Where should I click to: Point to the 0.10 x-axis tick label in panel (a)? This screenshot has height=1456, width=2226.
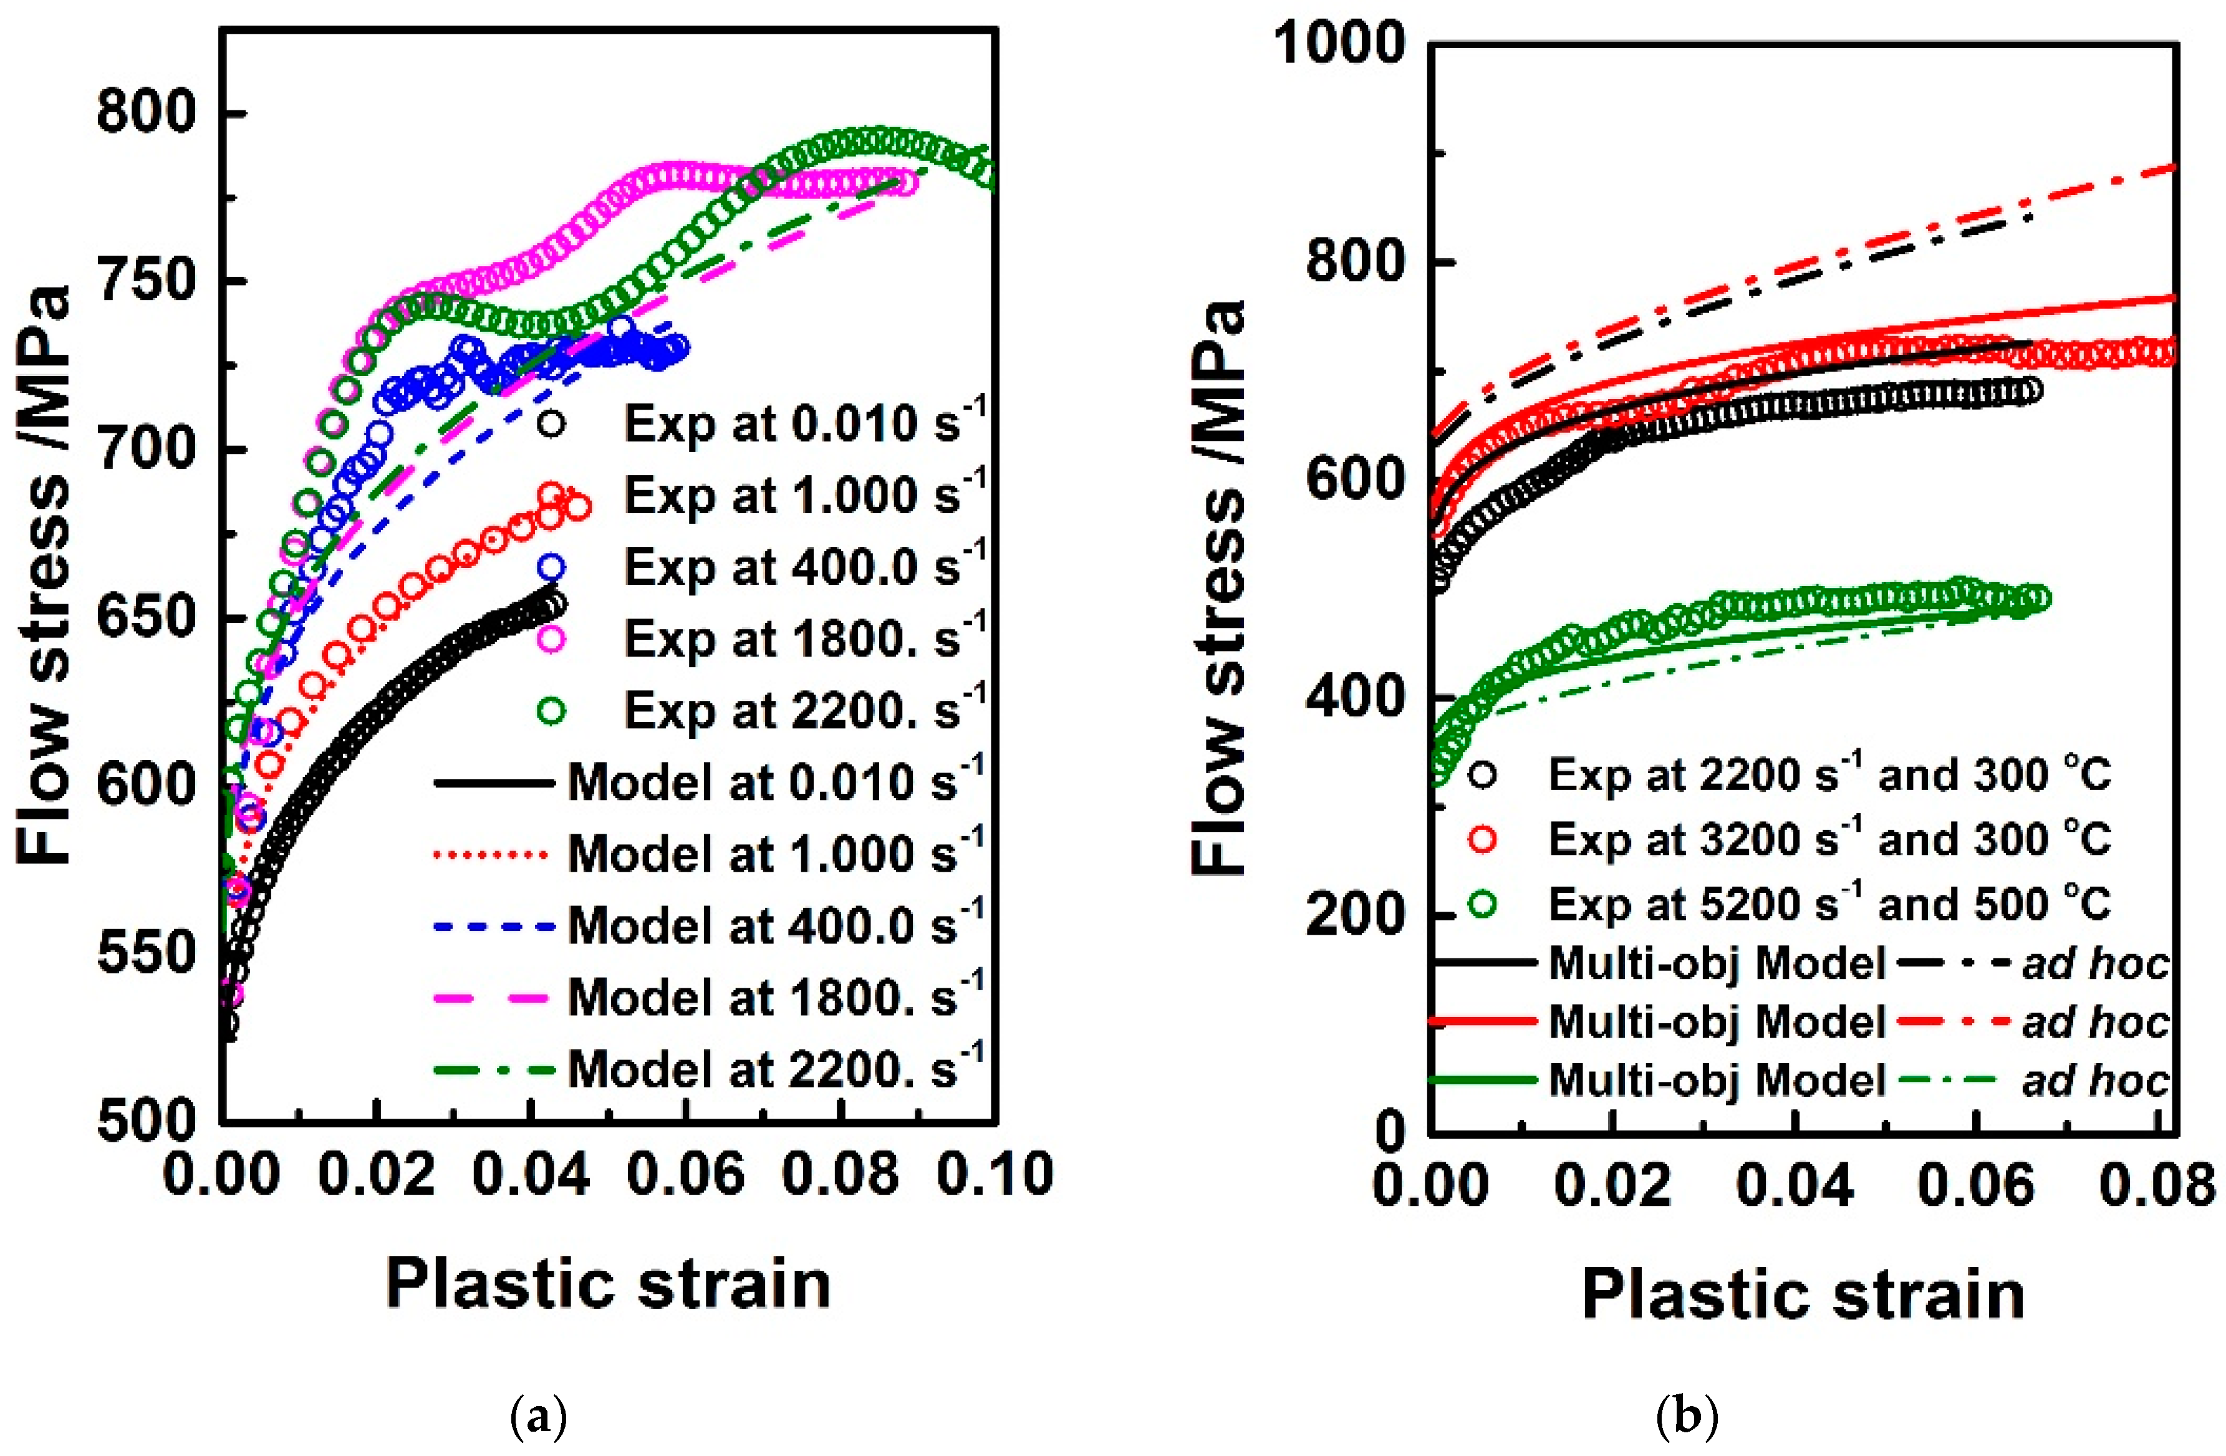tap(994, 1174)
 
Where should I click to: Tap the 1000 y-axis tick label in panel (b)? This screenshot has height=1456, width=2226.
tap(1341, 43)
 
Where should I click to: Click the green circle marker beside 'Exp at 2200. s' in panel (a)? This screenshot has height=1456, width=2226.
tap(552, 711)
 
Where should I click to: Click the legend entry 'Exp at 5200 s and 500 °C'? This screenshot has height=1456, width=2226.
tap(1828, 904)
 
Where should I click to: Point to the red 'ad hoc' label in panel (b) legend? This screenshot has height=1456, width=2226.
tap(2095, 1022)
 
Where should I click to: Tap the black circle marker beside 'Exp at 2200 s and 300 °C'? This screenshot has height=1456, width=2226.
tap(1483, 775)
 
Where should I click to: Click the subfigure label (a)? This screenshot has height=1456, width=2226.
tap(540, 1418)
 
